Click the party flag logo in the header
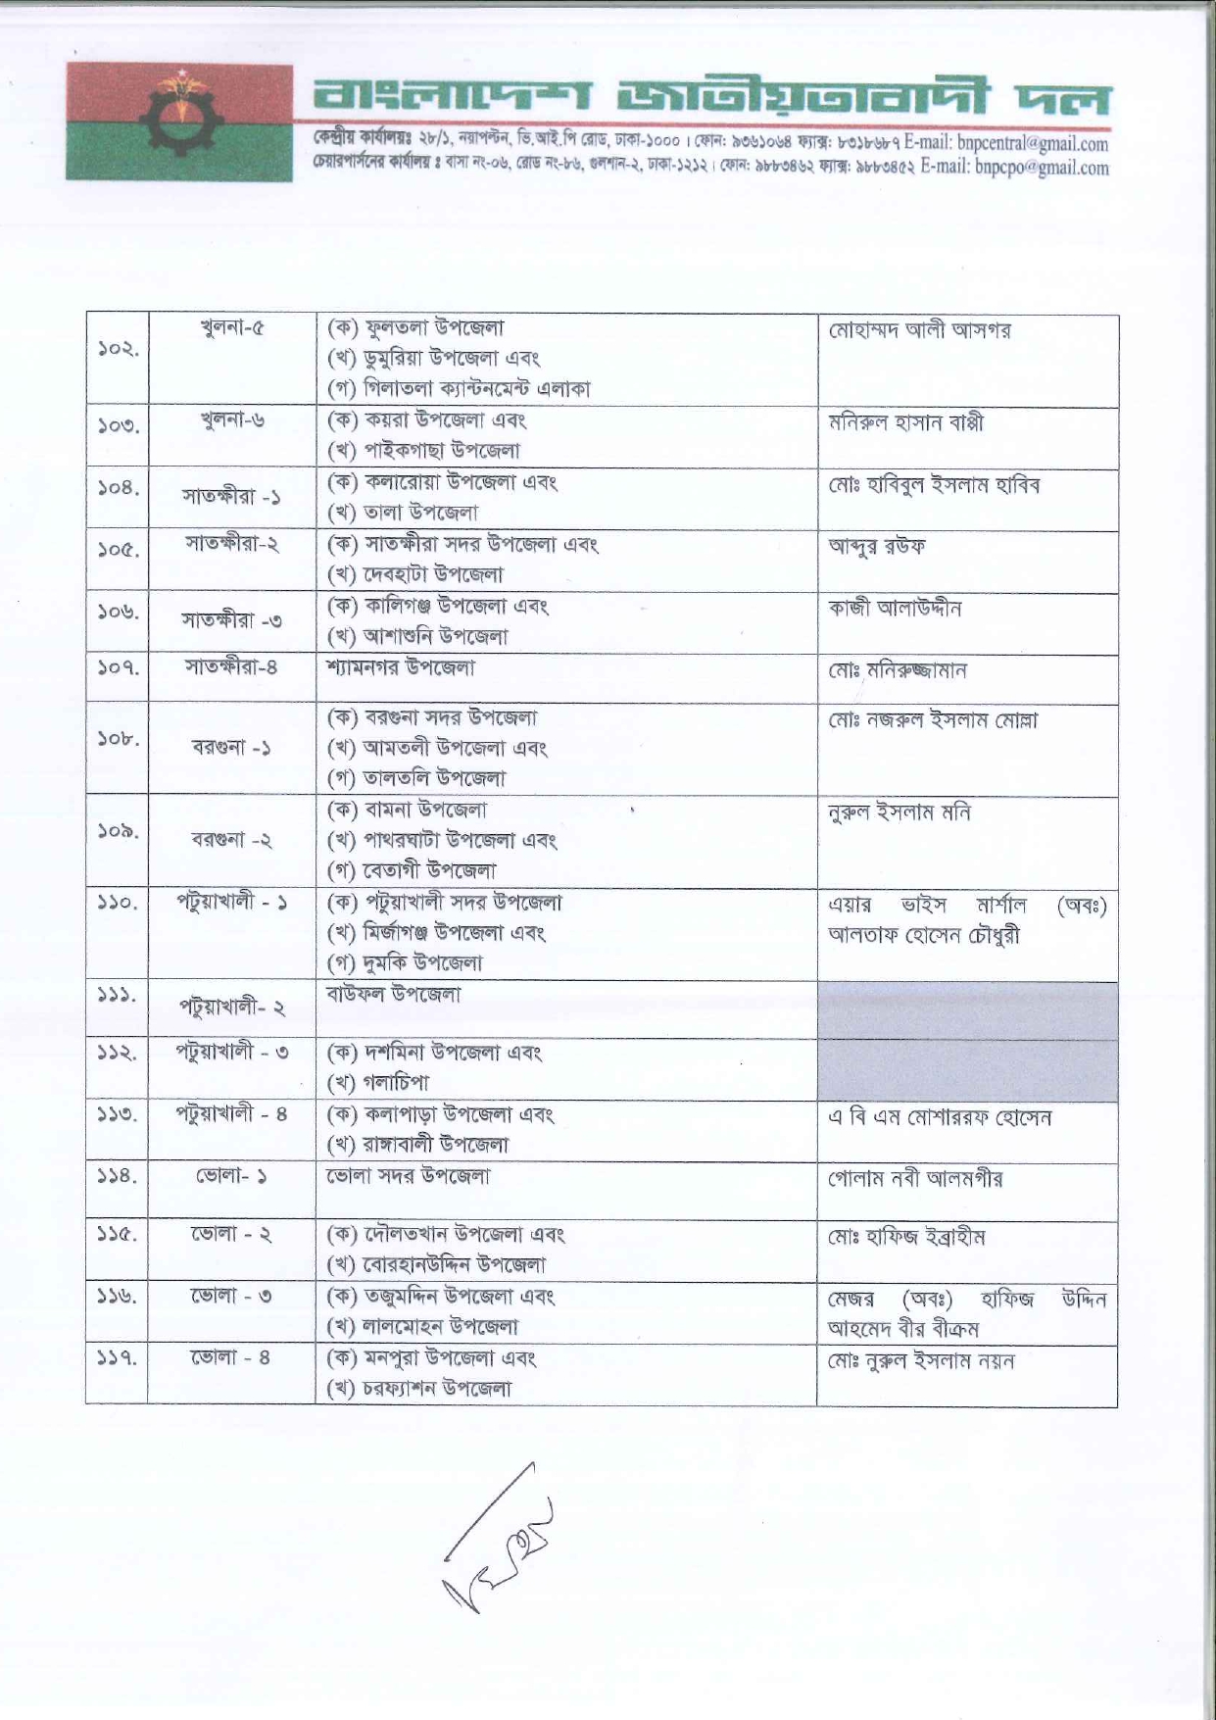click(179, 123)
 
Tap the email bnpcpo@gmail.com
click(1042, 168)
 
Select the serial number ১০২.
click(118, 349)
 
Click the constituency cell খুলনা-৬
click(231, 421)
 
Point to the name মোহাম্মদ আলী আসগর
click(919, 330)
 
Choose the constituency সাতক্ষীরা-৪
click(231, 667)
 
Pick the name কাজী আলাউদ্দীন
click(895, 609)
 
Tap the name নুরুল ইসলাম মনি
click(900, 812)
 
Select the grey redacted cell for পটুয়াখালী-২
click(967, 1010)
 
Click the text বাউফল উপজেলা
click(393, 994)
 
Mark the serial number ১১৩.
click(118, 1114)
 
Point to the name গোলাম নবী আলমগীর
click(915, 1179)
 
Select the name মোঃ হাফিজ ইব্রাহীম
click(906, 1238)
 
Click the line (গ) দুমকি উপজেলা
click(405, 962)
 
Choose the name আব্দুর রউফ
click(877, 546)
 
